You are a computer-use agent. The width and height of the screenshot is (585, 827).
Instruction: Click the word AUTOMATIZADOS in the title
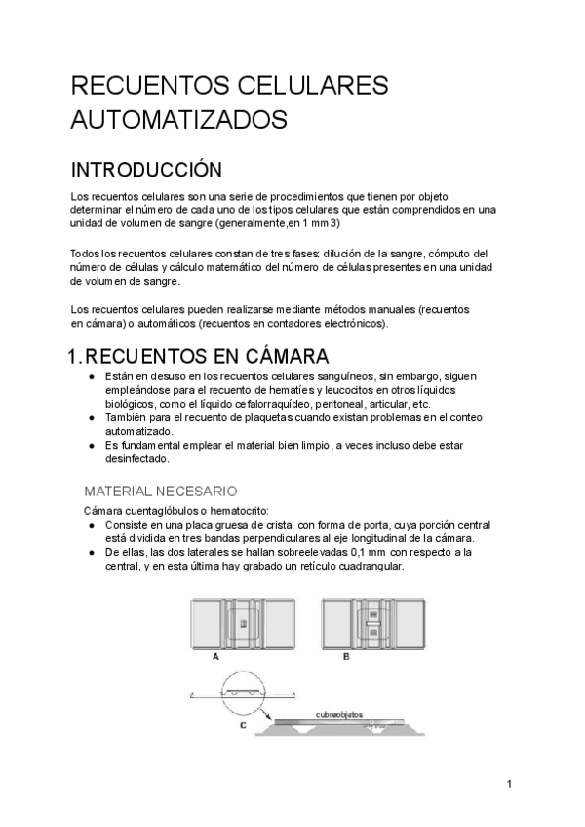tap(178, 120)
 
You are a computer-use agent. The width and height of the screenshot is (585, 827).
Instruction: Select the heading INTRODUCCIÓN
tap(146, 170)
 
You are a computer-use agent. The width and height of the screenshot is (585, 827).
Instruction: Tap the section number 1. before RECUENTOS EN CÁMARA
tap(81, 356)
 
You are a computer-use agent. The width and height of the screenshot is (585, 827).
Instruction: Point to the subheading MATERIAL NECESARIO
tap(161, 491)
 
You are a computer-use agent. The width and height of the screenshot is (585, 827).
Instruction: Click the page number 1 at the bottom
tap(509, 783)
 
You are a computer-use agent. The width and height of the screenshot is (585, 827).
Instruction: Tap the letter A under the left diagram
tap(214, 658)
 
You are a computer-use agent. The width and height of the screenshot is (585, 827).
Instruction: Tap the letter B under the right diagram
tap(347, 658)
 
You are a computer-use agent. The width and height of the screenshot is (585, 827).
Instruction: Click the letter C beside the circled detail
tap(242, 724)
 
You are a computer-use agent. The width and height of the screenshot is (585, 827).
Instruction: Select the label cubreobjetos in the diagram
tap(338, 714)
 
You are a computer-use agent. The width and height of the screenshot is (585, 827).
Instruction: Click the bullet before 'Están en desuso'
tap(90, 376)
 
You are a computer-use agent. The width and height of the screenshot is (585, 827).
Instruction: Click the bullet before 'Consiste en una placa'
tap(90, 525)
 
